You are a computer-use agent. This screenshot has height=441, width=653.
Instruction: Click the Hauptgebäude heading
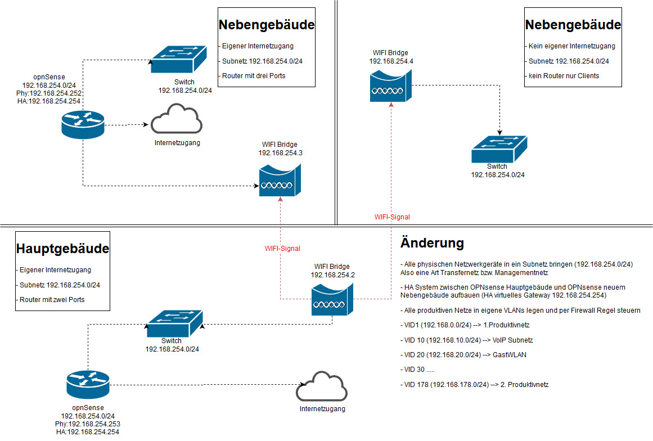click(x=62, y=249)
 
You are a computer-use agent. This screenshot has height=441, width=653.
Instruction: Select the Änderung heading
click(x=432, y=243)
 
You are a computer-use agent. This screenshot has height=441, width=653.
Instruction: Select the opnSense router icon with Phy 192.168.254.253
click(x=88, y=385)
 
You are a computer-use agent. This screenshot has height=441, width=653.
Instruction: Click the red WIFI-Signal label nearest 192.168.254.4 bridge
click(x=392, y=217)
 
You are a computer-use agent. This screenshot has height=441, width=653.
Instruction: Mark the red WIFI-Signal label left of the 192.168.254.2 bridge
click(x=282, y=248)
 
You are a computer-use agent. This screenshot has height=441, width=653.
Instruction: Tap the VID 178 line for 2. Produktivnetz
click(x=474, y=385)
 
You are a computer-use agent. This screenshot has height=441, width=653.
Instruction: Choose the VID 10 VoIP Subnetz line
click(x=466, y=340)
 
